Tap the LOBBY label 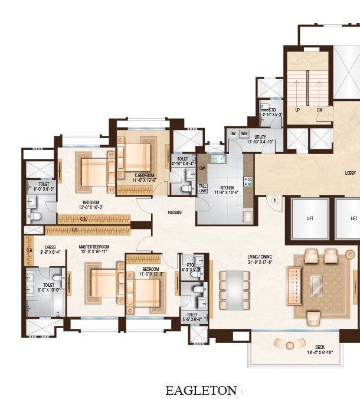[x=350, y=173]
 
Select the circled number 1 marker [x=274, y=200]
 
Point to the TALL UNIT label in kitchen [x=202, y=188]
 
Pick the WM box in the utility [x=244, y=133]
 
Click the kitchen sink [x=217, y=158]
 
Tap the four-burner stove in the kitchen [x=248, y=182]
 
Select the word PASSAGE [x=175, y=212]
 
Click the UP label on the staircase [x=297, y=110]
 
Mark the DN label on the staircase [x=320, y=110]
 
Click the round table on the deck [x=290, y=343]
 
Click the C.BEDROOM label [x=143, y=175]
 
